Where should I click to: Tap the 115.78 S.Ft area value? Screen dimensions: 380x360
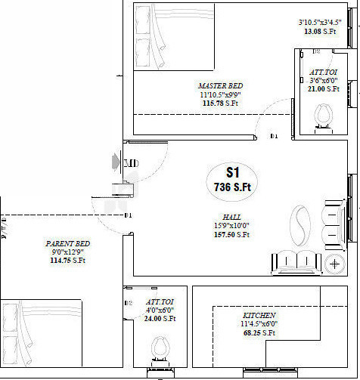220,103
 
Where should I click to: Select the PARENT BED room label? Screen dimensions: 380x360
68,243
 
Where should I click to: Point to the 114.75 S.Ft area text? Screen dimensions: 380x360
68,261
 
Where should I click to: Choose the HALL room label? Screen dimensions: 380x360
232,216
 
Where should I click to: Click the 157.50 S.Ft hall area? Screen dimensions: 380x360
231,235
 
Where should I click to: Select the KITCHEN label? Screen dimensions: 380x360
259,314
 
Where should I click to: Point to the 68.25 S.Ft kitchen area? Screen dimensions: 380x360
259,332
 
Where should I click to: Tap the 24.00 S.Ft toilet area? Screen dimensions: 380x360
160,319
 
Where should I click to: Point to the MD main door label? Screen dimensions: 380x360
131,163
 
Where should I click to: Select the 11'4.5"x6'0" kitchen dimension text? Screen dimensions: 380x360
259,323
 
